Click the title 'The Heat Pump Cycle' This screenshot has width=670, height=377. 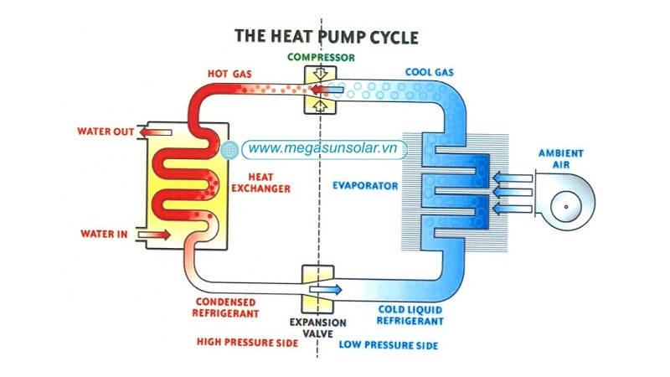click(326, 37)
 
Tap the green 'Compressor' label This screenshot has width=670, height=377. click(321, 57)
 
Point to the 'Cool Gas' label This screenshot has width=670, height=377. click(429, 73)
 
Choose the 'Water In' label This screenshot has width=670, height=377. click(103, 234)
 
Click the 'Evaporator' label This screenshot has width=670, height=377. click(363, 184)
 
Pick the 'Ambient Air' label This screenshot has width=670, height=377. click(560, 159)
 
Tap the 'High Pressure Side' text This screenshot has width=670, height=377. click(246, 342)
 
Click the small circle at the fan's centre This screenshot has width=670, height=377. click(566, 206)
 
